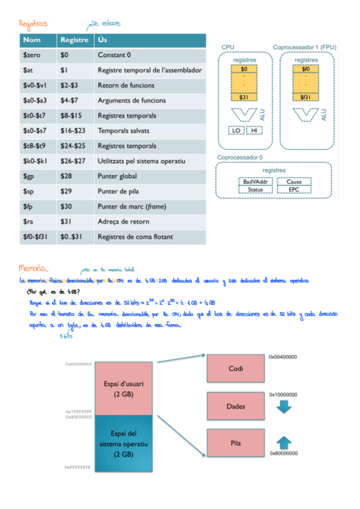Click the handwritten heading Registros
(33, 25)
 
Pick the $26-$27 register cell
(73, 161)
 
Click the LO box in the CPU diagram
(235, 130)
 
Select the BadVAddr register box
(256, 182)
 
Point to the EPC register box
(294, 190)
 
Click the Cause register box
(294, 182)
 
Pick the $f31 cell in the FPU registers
(306, 97)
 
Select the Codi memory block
(235, 369)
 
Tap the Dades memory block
(235, 406)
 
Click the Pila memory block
(235, 444)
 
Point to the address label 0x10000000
(283, 394)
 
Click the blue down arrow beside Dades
(284, 407)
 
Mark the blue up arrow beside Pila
(284, 443)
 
